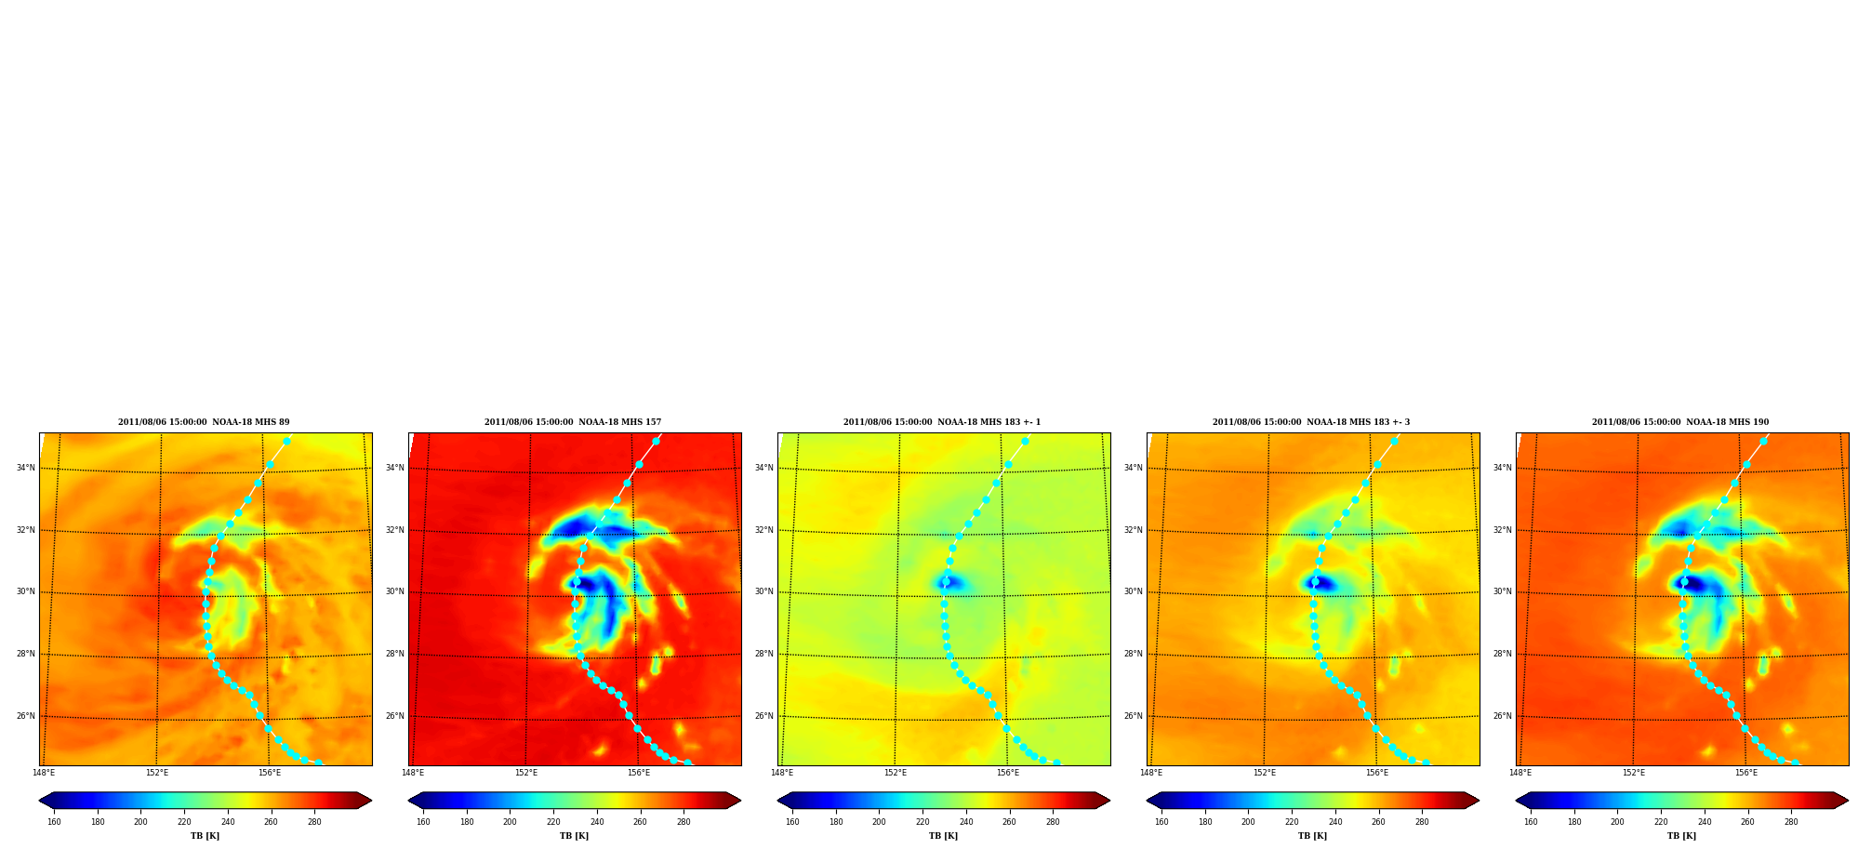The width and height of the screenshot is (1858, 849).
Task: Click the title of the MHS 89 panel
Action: click(204, 422)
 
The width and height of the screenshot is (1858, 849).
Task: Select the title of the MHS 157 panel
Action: click(573, 422)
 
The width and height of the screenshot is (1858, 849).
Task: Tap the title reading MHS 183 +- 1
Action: click(942, 422)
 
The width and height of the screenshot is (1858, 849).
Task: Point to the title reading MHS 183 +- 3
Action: click(1311, 422)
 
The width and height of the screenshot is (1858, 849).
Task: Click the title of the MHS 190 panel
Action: click(1680, 422)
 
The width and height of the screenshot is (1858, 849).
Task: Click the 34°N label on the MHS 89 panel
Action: click(25, 468)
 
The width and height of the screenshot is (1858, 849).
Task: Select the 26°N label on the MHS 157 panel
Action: click(394, 716)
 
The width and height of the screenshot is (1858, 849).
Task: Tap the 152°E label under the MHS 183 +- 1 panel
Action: click(895, 773)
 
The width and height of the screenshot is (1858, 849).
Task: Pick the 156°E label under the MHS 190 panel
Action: click(1745, 773)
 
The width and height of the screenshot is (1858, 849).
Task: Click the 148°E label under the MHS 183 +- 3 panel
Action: click(1150, 773)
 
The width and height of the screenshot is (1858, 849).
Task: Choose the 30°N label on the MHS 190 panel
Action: click(1502, 591)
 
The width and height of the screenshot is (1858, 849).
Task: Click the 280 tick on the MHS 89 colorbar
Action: click(314, 822)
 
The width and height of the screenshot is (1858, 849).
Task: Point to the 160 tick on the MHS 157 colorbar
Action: click(423, 822)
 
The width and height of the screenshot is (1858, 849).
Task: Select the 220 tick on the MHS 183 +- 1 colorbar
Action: click(922, 822)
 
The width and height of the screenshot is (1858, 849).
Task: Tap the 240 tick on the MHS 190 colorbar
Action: click(1704, 822)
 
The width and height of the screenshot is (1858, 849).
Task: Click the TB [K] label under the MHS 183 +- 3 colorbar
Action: click(1312, 836)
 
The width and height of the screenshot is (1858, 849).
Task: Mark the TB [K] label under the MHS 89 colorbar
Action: click(205, 836)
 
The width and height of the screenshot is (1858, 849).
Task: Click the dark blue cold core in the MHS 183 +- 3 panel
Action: click(1321, 584)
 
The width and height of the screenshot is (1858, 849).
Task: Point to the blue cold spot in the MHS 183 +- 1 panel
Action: click(950, 584)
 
